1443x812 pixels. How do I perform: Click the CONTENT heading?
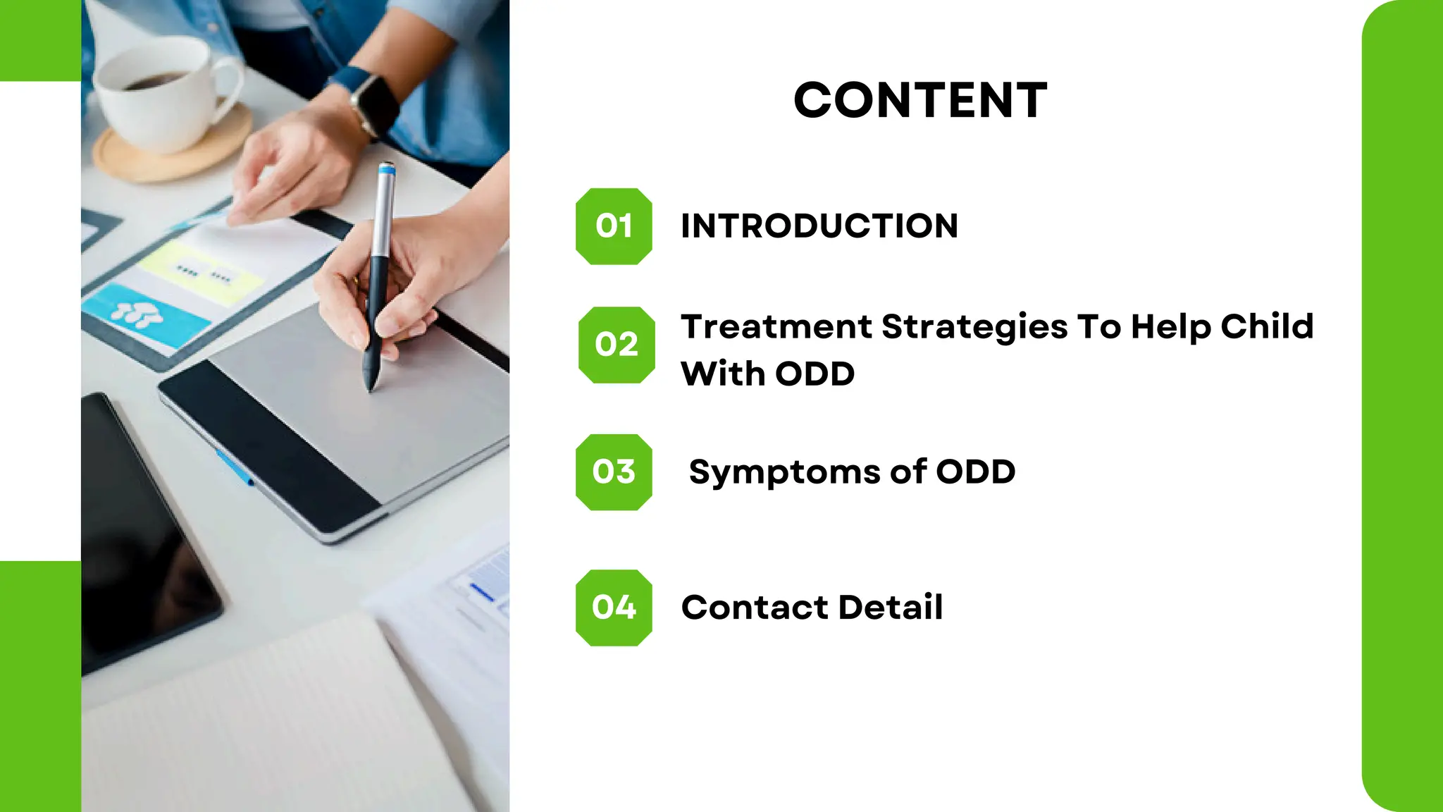point(920,100)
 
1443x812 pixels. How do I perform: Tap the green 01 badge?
point(614,226)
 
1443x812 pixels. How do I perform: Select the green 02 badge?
point(617,345)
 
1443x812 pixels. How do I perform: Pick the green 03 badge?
point(614,472)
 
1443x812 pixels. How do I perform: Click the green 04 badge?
point(614,608)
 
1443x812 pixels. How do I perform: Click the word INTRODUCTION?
point(819,226)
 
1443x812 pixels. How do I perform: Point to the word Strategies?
point(974,327)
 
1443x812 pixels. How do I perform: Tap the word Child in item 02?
point(1267,326)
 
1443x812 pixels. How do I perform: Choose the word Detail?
point(891,608)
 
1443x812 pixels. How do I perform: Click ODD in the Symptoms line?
point(975,472)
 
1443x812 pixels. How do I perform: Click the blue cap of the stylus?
point(386,168)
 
